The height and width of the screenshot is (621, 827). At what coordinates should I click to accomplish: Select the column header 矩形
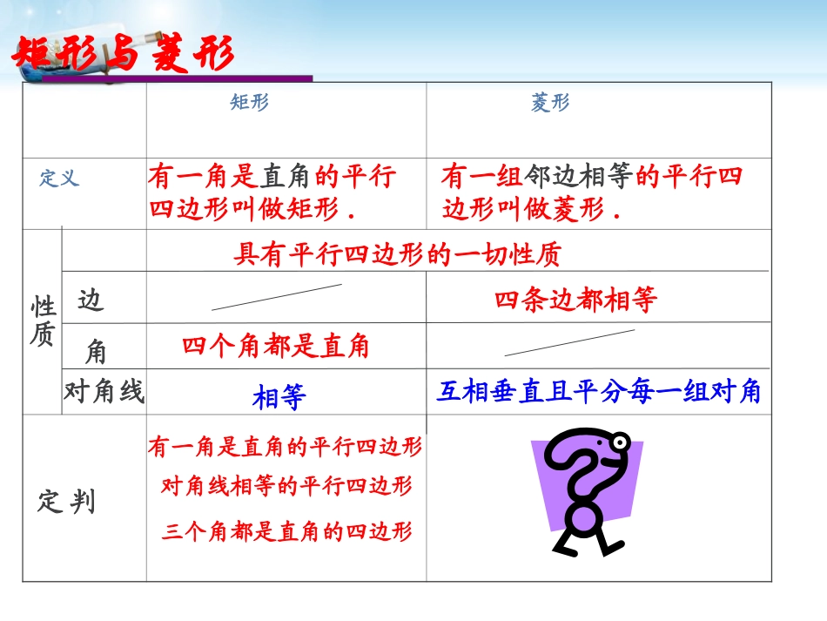click(250, 103)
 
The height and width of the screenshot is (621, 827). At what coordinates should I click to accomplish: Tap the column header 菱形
click(550, 103)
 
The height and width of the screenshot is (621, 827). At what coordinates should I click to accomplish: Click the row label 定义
click(59, 179)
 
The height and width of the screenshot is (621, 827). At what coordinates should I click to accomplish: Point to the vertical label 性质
click(42, 321)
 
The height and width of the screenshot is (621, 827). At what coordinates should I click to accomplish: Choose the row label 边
click(91, 300)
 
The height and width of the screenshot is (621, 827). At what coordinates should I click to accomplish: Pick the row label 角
click(96, 351)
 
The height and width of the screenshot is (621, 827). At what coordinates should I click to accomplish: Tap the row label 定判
click(66, 503)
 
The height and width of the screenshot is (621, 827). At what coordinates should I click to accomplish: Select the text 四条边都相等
click(575, 300)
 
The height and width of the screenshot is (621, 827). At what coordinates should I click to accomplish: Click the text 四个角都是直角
click(276, 347)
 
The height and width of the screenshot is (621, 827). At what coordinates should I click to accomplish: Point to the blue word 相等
click(279, 398)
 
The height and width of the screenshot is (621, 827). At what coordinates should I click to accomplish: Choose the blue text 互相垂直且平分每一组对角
click(598, 392)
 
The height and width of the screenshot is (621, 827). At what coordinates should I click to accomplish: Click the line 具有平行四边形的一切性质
click(398, 254)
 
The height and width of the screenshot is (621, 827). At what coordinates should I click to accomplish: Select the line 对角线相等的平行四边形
click(286, 486)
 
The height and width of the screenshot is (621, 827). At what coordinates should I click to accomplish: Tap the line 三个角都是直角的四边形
click(286, 531)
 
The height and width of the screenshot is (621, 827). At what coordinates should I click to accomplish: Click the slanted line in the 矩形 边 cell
click(277, 297)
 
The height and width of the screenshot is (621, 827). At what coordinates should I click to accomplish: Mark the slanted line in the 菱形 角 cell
click(569, 343)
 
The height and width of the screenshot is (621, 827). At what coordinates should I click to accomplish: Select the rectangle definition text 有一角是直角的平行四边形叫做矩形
click(272, 193)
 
